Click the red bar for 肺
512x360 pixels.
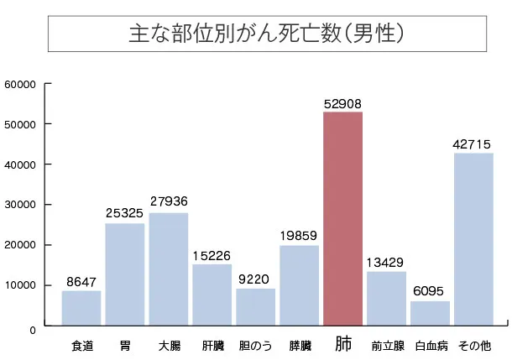pyautogui.click(x=342, y=218)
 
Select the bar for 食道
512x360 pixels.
pyautogui.click(x=81, y=307)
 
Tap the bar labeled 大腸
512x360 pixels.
pyautogui.click(x=169, y=269)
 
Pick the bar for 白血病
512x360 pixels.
pyautogui.click(x=430, y=312)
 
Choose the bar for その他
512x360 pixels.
pyautogui.click(x=473, y=238)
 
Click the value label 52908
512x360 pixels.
pyautogui.click(x=342, y=103)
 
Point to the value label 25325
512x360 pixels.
pyautogui.click(x=125, y=214)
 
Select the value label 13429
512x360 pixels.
pyautogui.click(x=386, y=263)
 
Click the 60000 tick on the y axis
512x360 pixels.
pyautogui.click(x=18, y=84)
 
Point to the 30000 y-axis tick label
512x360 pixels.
pyautogui.click(x=18, y=205)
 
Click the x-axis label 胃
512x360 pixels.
pyautogui.click(x=125, y=345)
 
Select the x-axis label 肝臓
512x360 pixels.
pyautogui.click(x=212, y=345)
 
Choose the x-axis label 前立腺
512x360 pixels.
pyautogui.click(x=386, y=345)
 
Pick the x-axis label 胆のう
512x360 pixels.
pyautogui.click(x=255, y=345)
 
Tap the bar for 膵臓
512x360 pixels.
pyautogui.click(x=299, y=284)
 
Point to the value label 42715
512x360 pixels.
pyautogui.click(x=473, y=144)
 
